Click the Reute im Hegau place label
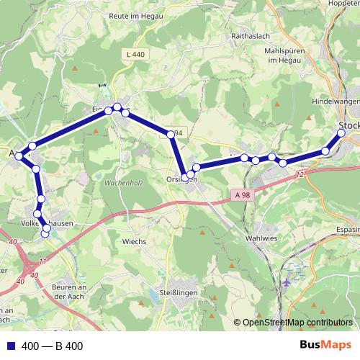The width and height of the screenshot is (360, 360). (134, 16)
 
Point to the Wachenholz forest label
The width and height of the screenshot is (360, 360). (123, 183)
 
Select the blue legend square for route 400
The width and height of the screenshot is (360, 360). (11, 346)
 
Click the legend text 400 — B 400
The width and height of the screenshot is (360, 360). (53, 346)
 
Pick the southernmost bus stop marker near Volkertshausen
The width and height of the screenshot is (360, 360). (45, 233)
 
